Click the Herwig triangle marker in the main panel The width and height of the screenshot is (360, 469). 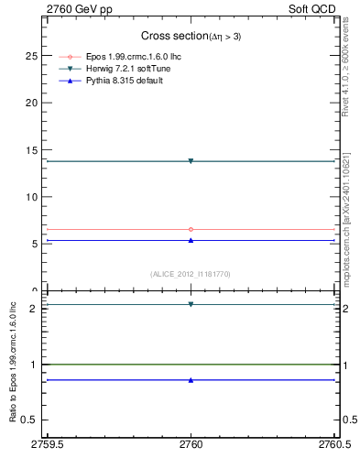(x=191, y=161)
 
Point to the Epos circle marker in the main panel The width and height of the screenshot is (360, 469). (x=191, y=229)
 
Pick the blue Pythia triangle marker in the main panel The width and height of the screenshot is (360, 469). (x=191, y=240)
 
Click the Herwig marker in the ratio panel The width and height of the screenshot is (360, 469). (x=191, y=304)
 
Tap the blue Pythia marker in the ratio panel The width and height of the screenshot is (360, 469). (x=191, y=379)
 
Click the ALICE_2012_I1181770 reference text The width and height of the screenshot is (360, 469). (x=191, y=274)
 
